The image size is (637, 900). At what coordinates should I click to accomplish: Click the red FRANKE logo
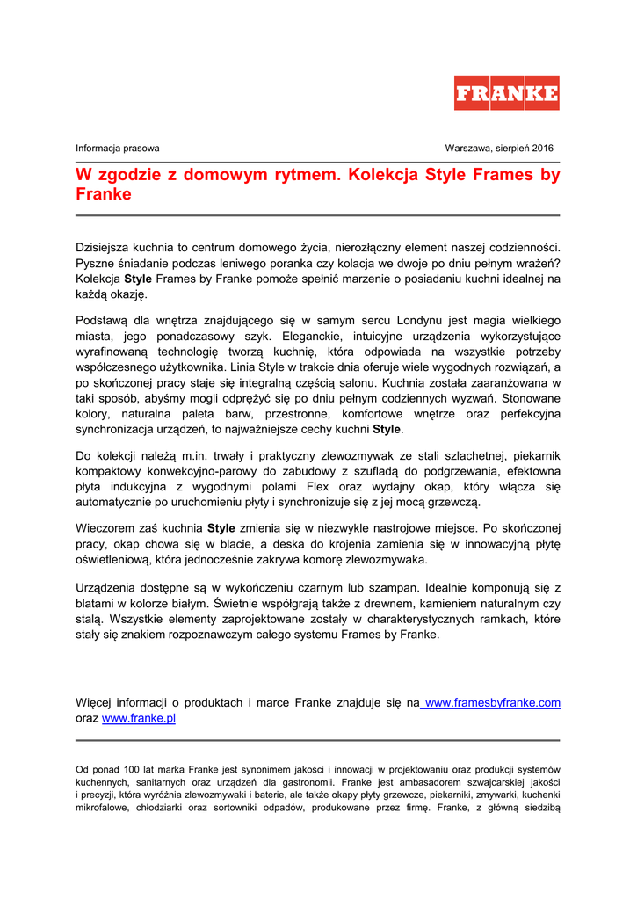(x=506, y=93)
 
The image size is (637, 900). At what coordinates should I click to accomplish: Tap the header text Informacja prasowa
(x=118, y=149)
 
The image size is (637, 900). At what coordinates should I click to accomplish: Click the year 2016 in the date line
(x=541, y=149)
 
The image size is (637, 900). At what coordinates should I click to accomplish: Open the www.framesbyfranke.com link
(x=492, y=702)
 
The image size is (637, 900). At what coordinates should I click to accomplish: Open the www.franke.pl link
(x=139, y=718)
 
